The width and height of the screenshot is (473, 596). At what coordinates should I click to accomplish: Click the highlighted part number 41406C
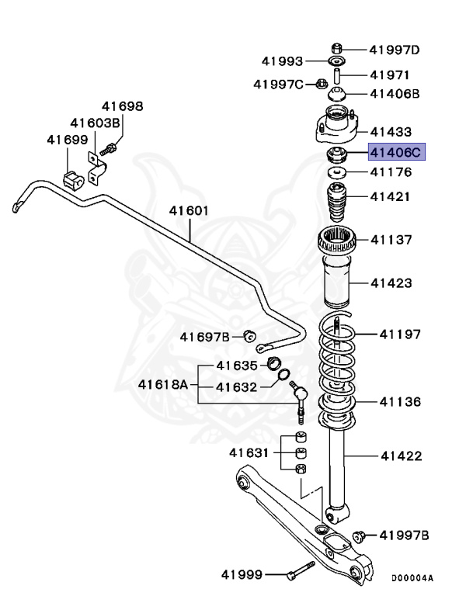pos(395,153)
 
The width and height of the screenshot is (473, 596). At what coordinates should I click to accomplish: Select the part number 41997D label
pos(394,51)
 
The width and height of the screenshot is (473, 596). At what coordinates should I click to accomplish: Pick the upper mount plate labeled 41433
pos(339,129)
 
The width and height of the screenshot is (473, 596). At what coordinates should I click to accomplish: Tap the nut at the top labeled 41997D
pos(338,47)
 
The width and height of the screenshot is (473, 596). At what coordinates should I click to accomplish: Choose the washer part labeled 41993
pos(338,61)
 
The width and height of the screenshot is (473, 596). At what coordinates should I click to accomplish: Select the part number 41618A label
pos(163,384)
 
